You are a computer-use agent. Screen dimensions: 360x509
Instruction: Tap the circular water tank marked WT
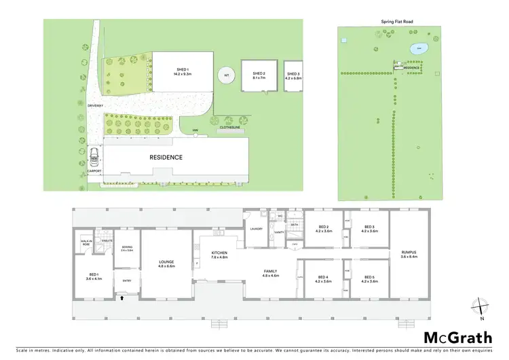click(x=227, y=75)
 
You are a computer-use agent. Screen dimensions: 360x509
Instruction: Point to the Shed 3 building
click(x=293, y=75)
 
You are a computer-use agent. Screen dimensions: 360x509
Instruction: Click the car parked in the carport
click(x=94, y=158)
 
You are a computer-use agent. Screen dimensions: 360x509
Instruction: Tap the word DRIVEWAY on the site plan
click(x=94, y=106)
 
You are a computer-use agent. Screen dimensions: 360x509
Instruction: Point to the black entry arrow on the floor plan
click(x=123, y=295)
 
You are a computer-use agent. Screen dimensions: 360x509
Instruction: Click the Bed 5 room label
click(x=369, y=278)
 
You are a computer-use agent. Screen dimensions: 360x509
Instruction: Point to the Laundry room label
click(x=255, y=229)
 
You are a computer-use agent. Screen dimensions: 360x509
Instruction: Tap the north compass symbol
click(x=480, y=308)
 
